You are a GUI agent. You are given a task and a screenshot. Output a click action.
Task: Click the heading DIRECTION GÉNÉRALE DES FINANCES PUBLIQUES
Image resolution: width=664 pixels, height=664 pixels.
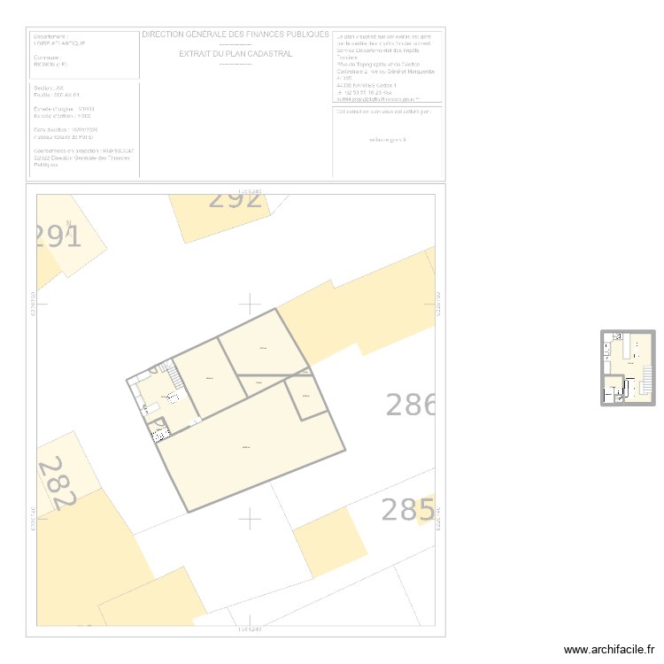tap(235, 35)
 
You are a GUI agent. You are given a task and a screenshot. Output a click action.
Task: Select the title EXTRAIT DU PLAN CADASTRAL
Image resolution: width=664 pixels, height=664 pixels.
tap(235, 54)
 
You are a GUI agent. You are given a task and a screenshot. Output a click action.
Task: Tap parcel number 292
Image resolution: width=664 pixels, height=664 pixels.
tap(235, 199)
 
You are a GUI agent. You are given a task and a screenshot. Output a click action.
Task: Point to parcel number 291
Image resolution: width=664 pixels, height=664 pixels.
tap(58, 237)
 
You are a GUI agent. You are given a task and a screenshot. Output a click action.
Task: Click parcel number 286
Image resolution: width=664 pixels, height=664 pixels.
tap(411, 405)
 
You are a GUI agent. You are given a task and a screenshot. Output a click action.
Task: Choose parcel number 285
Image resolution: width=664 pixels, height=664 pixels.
tap(407, 510)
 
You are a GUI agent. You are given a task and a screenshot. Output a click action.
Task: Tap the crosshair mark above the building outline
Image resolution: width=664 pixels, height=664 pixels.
tap(251, 305)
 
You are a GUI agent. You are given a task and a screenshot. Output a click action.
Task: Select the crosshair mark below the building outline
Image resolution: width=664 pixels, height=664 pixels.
tap(251, 518)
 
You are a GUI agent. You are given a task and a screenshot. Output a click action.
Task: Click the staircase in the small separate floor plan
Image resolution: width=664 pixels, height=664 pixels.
tap(646, 381)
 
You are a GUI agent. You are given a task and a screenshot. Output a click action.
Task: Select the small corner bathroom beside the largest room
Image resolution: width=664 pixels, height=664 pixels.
tap(160, 431)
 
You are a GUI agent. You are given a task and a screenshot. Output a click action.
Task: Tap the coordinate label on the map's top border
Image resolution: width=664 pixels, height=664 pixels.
tap(251, 190)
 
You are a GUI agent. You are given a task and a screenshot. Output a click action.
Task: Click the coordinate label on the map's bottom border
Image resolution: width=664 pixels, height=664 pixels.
tap(251, 629)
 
